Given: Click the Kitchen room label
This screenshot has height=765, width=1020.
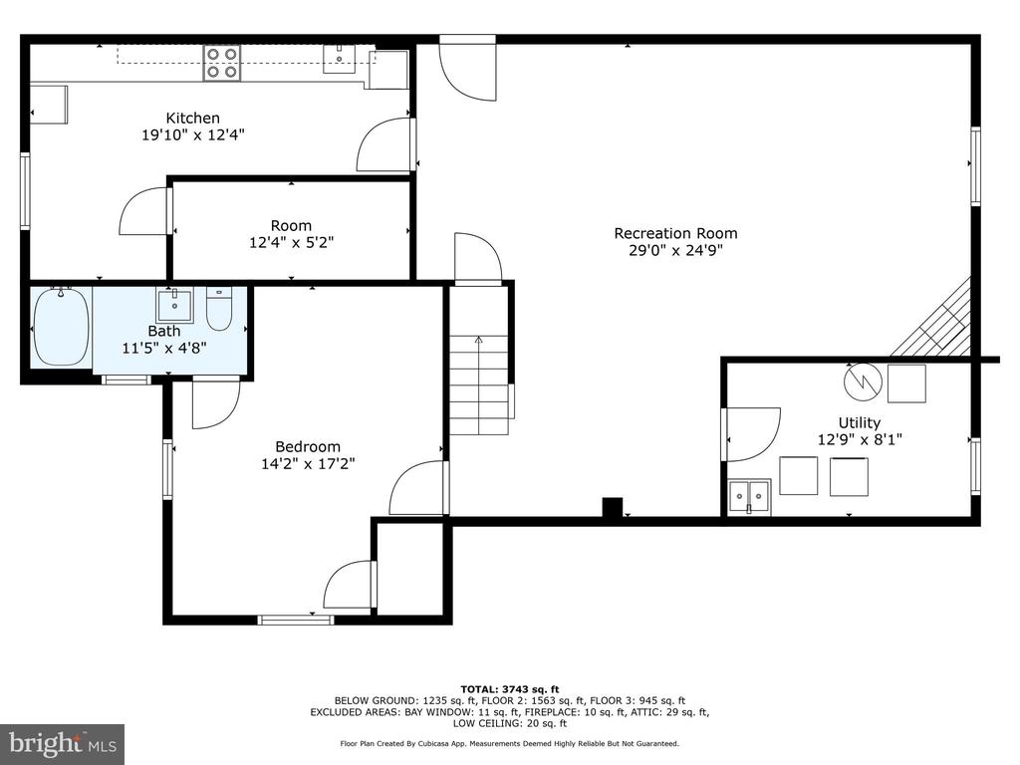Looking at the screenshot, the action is (192, 118).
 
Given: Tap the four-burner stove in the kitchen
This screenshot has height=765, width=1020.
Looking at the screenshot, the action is (222, 63).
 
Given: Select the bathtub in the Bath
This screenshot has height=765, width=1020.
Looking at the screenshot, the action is (61, 327).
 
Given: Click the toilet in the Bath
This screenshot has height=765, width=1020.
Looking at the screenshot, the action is (219, 310).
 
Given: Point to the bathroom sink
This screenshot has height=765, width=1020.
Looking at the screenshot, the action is (174, 307).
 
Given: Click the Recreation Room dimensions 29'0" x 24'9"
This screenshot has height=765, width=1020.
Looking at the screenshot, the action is (675, 250).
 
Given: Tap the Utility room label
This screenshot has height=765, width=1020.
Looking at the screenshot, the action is (860, 422).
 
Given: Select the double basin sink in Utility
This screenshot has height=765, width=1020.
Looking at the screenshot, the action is (749, 497).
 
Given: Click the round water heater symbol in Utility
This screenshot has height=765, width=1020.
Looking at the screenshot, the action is (863, 382).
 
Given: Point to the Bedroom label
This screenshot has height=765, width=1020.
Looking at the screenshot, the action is (308, 447).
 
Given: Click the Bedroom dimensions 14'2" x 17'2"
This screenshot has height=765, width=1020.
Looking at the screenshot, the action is (308, 464).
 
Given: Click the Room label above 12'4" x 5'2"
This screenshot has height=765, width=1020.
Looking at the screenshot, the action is (291, 226).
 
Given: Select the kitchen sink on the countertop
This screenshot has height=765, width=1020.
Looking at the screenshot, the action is (339, 59).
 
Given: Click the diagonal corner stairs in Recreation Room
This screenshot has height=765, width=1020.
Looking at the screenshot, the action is (931, 320).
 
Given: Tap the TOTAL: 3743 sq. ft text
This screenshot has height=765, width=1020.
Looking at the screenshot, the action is (510, 689).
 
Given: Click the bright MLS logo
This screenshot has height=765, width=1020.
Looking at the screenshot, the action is (63, 743).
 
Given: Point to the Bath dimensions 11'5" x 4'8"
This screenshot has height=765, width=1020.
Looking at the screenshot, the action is (164, 348).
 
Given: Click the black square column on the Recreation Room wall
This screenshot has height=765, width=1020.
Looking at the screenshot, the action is (613, 507).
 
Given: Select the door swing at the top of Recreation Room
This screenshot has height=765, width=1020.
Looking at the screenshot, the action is (468, 71).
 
